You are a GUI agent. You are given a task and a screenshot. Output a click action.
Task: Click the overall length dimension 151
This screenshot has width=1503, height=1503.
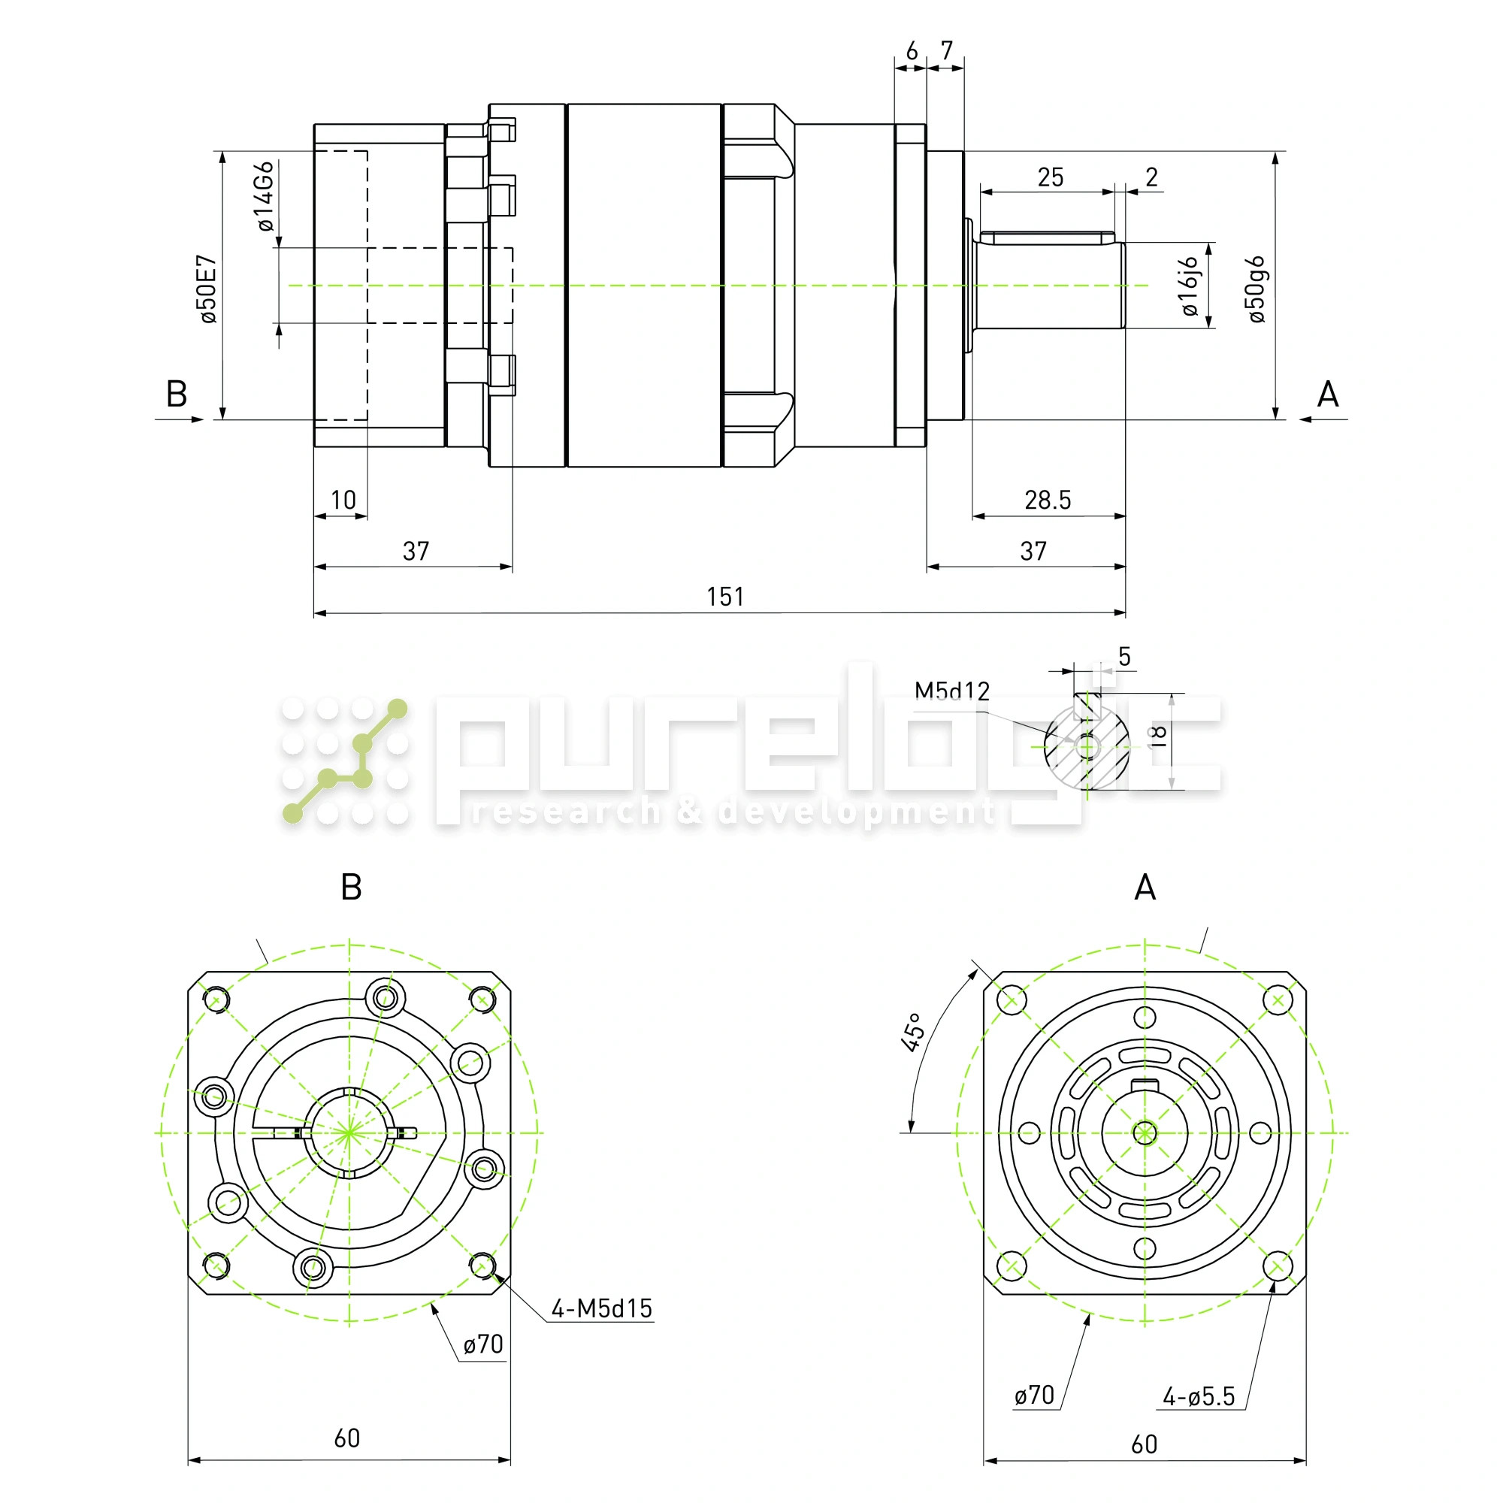[725, 597]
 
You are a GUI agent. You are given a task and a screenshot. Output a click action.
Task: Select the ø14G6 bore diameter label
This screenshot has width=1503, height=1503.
[265, 196]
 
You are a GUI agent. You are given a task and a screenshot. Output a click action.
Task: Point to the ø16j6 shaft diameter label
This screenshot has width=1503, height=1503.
[1190, 286]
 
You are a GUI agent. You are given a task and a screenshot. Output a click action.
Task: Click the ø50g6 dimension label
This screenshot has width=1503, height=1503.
[1257, 289]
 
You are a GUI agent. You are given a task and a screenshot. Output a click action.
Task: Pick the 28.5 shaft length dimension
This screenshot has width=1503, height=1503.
[1047, 500]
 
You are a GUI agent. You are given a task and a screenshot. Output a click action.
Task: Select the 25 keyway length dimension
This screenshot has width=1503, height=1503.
[1051, 177]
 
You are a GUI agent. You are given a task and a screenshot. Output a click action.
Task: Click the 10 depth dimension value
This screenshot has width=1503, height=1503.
[343, 500]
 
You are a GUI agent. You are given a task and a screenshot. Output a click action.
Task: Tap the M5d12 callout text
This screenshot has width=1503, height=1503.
[951, 691]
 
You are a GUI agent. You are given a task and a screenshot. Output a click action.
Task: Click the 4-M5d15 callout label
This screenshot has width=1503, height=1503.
[601, 1308]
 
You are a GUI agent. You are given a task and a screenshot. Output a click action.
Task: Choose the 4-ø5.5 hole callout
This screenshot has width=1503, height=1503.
[1198, 1396]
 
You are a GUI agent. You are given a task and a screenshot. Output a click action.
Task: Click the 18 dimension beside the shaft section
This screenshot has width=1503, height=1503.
[1158, 735]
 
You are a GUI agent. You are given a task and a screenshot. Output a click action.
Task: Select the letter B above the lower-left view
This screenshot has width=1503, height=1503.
[351, 888]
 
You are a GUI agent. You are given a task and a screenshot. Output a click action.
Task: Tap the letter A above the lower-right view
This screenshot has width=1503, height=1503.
[1145, 888]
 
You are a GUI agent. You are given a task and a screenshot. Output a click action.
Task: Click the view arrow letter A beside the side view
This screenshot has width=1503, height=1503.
[1327, 395]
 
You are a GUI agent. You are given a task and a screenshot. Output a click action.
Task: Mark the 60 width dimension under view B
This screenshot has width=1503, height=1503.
[347, 1438]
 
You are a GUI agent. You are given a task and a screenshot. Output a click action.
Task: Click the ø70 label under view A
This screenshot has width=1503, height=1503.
[1034, 1396]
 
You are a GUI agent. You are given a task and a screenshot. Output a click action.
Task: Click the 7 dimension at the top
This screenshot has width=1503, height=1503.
[946, 51]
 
